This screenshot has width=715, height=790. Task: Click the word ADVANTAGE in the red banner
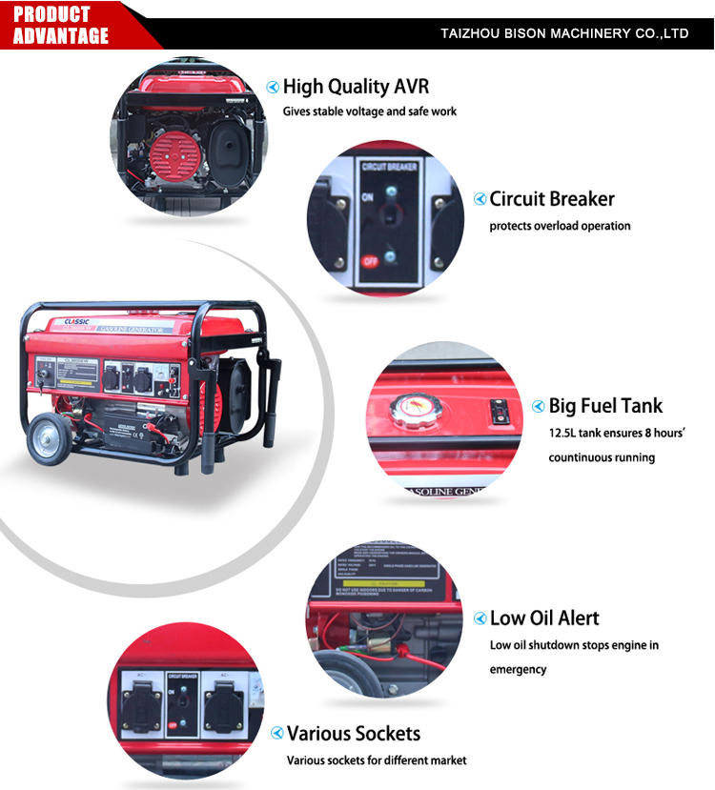61,36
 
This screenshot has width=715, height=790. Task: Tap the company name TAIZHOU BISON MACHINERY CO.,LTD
564,33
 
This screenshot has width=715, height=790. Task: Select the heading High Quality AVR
356,87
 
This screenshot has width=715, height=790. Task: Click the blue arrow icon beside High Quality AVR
273,87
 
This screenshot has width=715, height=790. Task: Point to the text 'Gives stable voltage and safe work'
369,111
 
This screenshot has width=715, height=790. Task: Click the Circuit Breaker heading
552,199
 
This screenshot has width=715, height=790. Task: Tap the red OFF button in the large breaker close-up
368,259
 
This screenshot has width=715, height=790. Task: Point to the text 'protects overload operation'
560,226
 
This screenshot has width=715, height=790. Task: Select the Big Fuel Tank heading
605,406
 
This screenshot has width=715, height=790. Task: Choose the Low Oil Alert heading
544,618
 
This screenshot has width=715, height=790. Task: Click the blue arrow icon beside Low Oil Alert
480,618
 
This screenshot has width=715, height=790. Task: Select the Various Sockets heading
354,734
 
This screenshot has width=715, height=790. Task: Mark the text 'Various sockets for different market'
377,760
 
